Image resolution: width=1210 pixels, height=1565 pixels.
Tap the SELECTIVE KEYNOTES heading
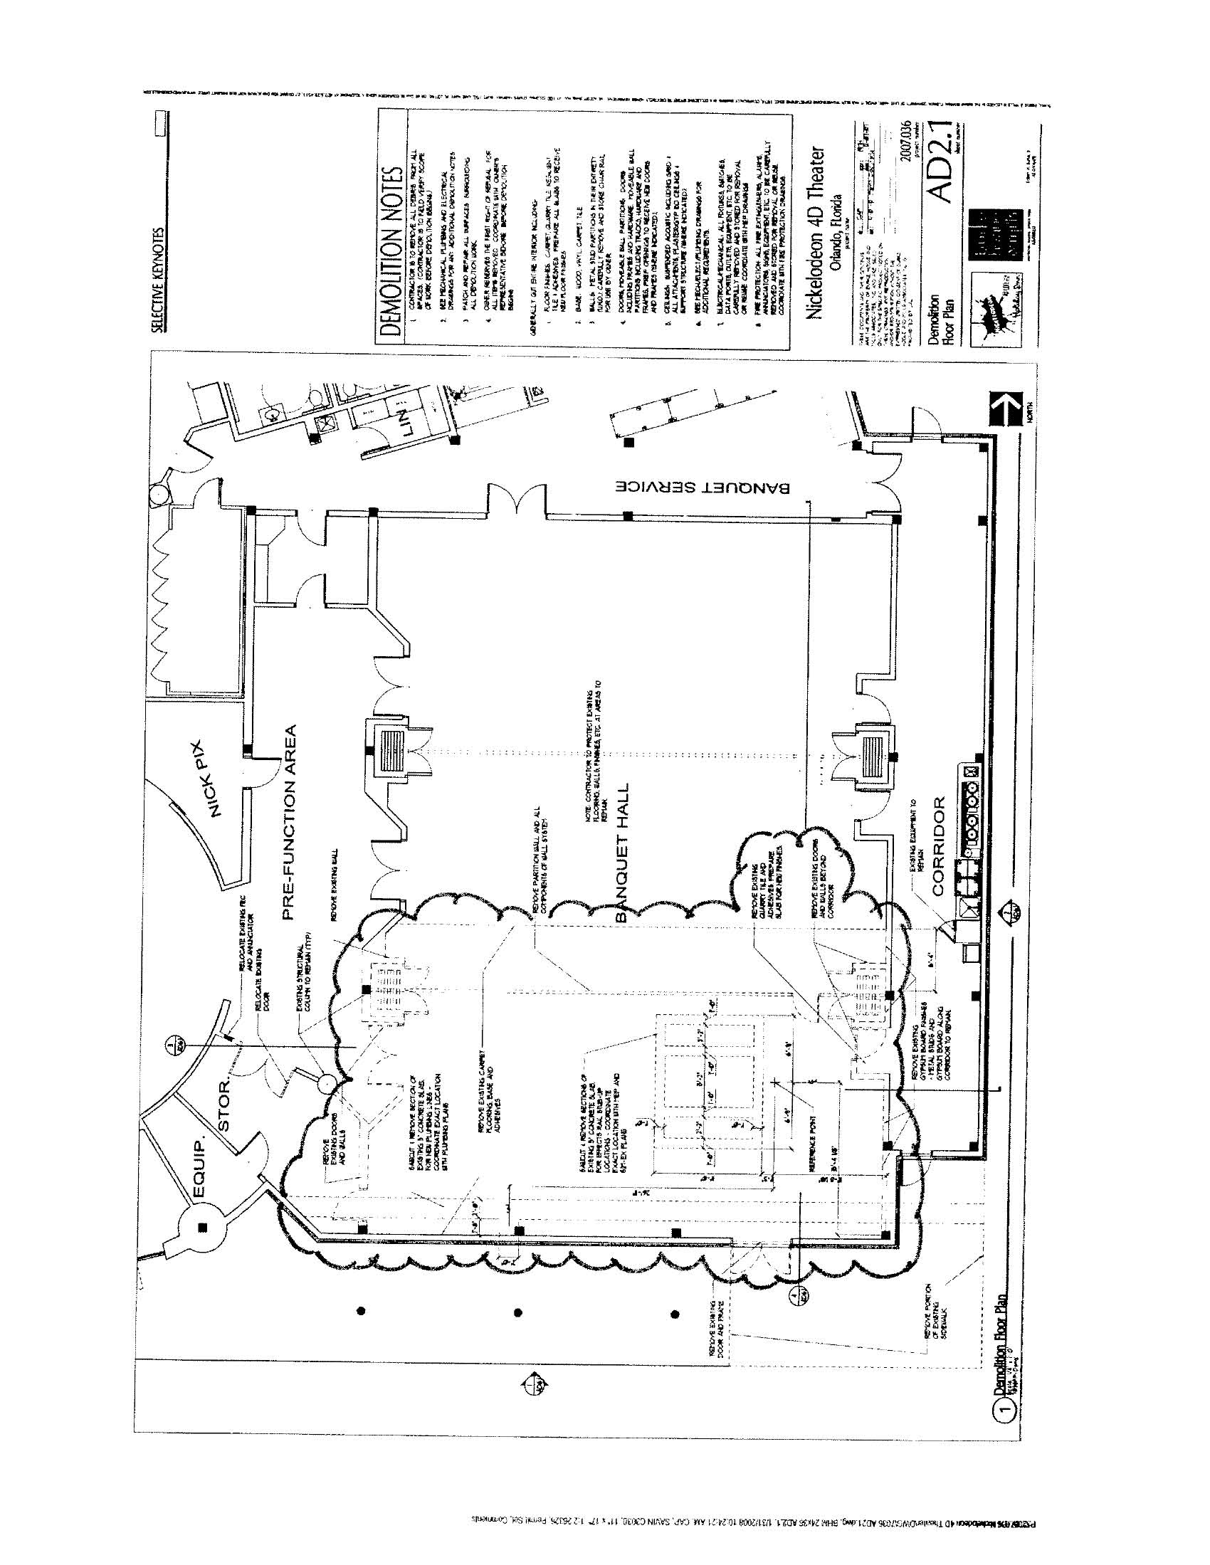pos(157,280)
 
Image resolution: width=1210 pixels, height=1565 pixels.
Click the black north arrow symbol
pos(1004,408)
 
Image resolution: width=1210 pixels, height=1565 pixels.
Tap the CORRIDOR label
pos(939,845)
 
